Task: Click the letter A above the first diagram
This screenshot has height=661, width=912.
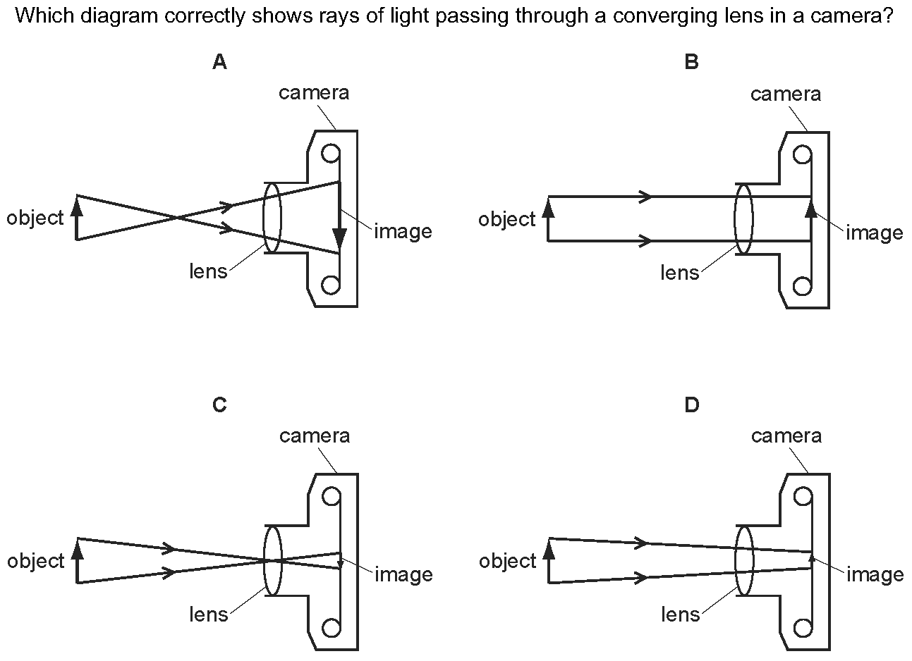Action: tap(219, 63)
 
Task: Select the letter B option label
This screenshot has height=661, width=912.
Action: tap(691, 63)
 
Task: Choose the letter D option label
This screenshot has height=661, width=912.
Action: tap(691, 405)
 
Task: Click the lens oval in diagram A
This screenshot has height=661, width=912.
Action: tap(272, 218)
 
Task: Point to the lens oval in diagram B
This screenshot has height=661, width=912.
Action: tap(743, 218)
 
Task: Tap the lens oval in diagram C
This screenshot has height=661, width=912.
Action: tap(272, 561)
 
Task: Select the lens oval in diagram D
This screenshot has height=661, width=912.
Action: tap(743, 561)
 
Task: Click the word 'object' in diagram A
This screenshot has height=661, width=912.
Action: tap(35, 218)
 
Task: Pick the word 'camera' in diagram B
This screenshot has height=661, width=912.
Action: tap(786, 94)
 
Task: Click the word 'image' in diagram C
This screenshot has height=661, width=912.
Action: tap(403, 574)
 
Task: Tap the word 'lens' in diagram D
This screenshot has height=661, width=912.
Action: tap(680, 614)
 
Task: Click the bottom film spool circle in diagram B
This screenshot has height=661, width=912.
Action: tap(801, 285)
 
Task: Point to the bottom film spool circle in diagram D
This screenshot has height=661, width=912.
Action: tap(802, 627)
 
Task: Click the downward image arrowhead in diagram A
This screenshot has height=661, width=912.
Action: tap(339, 240)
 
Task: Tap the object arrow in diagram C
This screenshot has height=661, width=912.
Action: tap(77, 561)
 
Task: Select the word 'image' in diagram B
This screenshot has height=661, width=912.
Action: tap(874, 233)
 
